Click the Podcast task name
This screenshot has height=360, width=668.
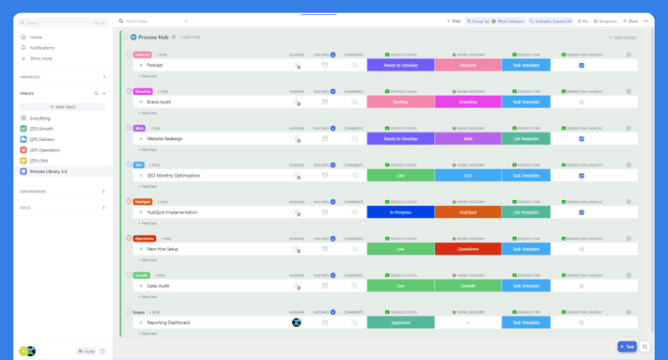coord(155,66)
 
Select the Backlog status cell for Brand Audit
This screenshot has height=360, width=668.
coord(400,102)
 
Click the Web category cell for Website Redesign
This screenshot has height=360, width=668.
coord(468,139)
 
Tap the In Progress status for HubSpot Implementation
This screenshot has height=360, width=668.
coord(400,212)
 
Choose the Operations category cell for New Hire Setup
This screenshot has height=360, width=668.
coord(468,249)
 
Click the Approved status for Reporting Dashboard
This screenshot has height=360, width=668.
coord(400,322)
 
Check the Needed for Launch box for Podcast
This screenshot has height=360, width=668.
coord(582,66)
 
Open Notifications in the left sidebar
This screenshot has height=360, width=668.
coord(42,48)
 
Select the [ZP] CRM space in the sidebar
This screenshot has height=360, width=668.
coord(39,161)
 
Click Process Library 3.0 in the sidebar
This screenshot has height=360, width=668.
coord(48,172)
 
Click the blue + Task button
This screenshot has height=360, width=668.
coord(627,347)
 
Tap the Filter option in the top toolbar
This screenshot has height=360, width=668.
coord(455,21)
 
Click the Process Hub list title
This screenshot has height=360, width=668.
coord(153,38)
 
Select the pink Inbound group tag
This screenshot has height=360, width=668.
coord(143,55)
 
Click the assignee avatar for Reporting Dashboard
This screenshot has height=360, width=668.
coord(297,322)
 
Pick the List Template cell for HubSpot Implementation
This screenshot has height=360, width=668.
coord(526,212)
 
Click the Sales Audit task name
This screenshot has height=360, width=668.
coord(158,286)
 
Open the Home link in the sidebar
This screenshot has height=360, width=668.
coord(36,38)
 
